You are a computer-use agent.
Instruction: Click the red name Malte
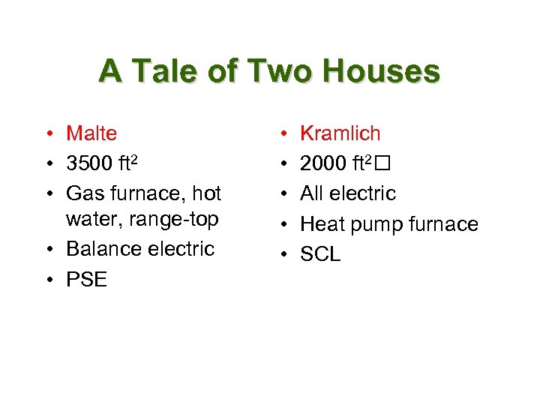point(91,133)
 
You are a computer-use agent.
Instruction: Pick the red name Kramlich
point(340,133)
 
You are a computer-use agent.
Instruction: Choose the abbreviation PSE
point(86,280)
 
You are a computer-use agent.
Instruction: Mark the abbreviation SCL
point(320,255)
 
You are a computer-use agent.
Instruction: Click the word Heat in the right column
point(322,224)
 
